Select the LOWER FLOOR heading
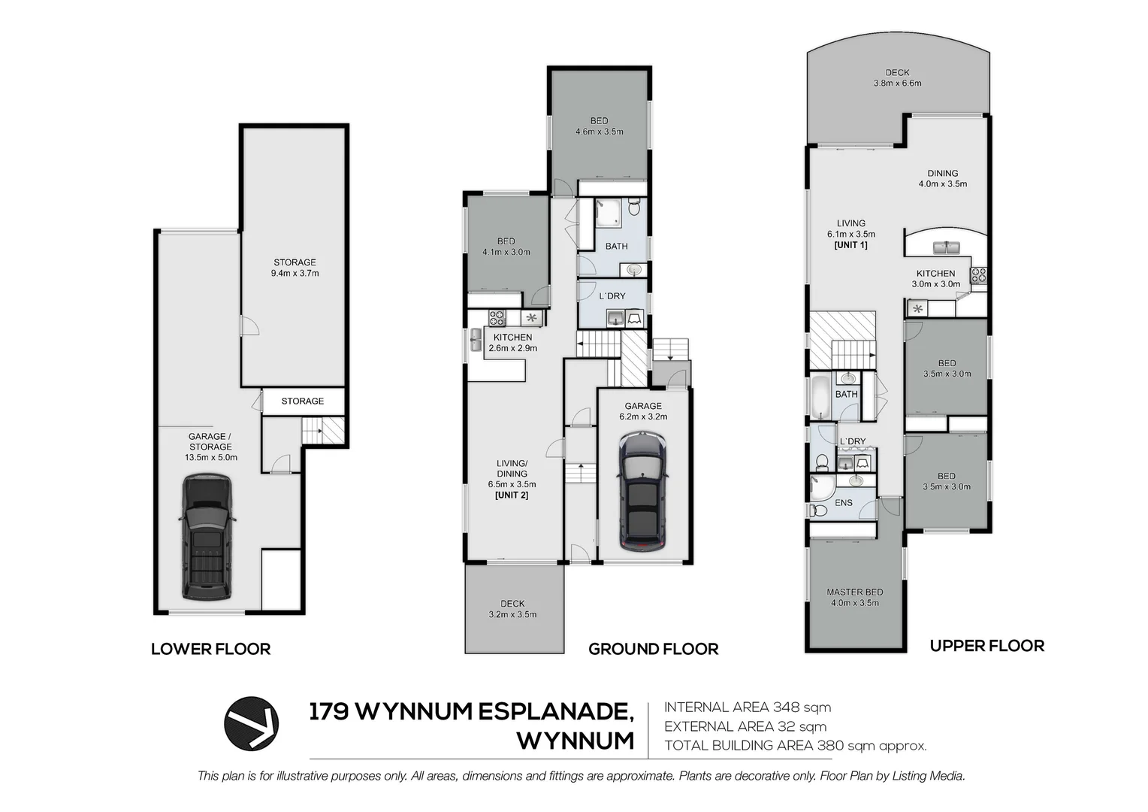tap(210, 649)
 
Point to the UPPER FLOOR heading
tap(986, 646)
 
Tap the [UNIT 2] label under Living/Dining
tap(511, 495)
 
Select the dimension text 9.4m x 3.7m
tap(295, 274)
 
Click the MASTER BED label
tap(854, 592)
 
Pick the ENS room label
tap(843, 502)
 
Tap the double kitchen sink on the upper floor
tap(942, 247)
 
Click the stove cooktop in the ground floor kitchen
tap(497, 317)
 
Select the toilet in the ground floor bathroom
tap(635, 206)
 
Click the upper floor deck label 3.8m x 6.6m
tap(897, 83)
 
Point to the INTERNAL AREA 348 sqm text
tap(748, 707)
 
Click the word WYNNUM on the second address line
tap(576, 741)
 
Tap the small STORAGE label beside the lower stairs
tap(302, 401)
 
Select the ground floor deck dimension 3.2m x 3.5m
tap(512, 614)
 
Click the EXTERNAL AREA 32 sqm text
tap(745, 726)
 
